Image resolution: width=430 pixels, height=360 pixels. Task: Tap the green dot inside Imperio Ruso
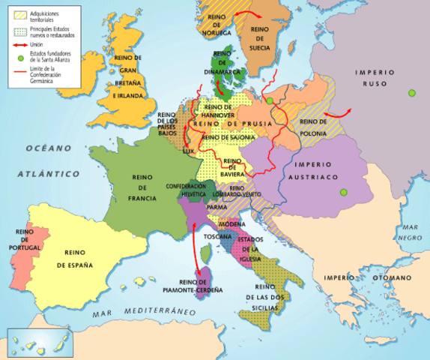coord(411,93)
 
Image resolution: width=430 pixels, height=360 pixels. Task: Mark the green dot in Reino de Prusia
coord(269,100)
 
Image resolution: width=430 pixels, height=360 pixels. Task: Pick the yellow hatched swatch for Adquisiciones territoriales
coord(20,13)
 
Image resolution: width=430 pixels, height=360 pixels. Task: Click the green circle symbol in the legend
coord(20,58)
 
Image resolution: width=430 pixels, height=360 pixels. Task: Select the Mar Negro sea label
coord(409,232)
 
